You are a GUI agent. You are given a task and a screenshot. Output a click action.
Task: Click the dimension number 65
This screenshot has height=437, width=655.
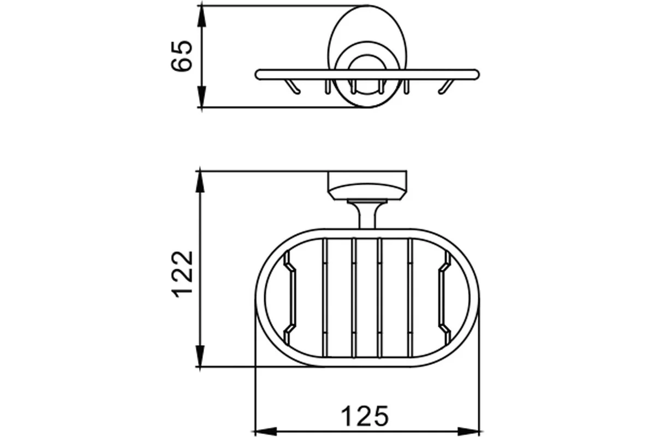coord(182,56)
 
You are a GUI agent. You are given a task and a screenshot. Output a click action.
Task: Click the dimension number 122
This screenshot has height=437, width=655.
coord(182,275)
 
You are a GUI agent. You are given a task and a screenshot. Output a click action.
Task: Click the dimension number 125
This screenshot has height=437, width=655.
coord(365,416)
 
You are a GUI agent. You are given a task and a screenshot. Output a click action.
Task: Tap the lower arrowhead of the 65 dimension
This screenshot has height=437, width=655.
coord(202,97)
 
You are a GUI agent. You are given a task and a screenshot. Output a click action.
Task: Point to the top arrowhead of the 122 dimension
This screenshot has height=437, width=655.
coord(200,181)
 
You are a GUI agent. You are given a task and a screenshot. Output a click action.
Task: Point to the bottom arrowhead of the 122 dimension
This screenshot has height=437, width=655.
coord(200,356)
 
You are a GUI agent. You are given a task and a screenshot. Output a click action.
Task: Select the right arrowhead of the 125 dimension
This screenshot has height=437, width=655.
coord(468,432)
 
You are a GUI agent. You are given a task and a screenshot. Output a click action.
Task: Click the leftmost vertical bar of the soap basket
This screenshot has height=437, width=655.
coord(325,298)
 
